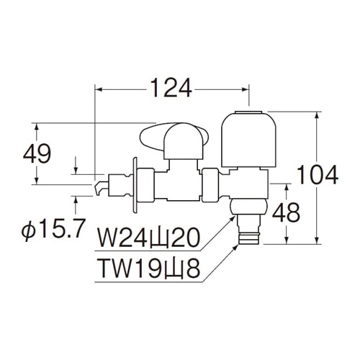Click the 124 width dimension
(171, 88)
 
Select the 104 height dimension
(318, 174)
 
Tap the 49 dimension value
(37, 153)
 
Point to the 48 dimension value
(286, 212)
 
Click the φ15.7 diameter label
(53, 228)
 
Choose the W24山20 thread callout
(148, 238)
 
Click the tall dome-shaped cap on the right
(248, 139)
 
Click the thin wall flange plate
(135, 185)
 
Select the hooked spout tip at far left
(101, 188)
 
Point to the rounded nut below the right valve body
(248, 207)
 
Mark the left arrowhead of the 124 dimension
(99, 89)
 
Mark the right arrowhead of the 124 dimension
(245, 89)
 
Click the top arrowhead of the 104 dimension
(318, 116)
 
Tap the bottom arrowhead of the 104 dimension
(318, 240)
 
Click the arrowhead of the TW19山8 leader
(235, 247)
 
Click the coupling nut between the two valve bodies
(210, 185)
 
